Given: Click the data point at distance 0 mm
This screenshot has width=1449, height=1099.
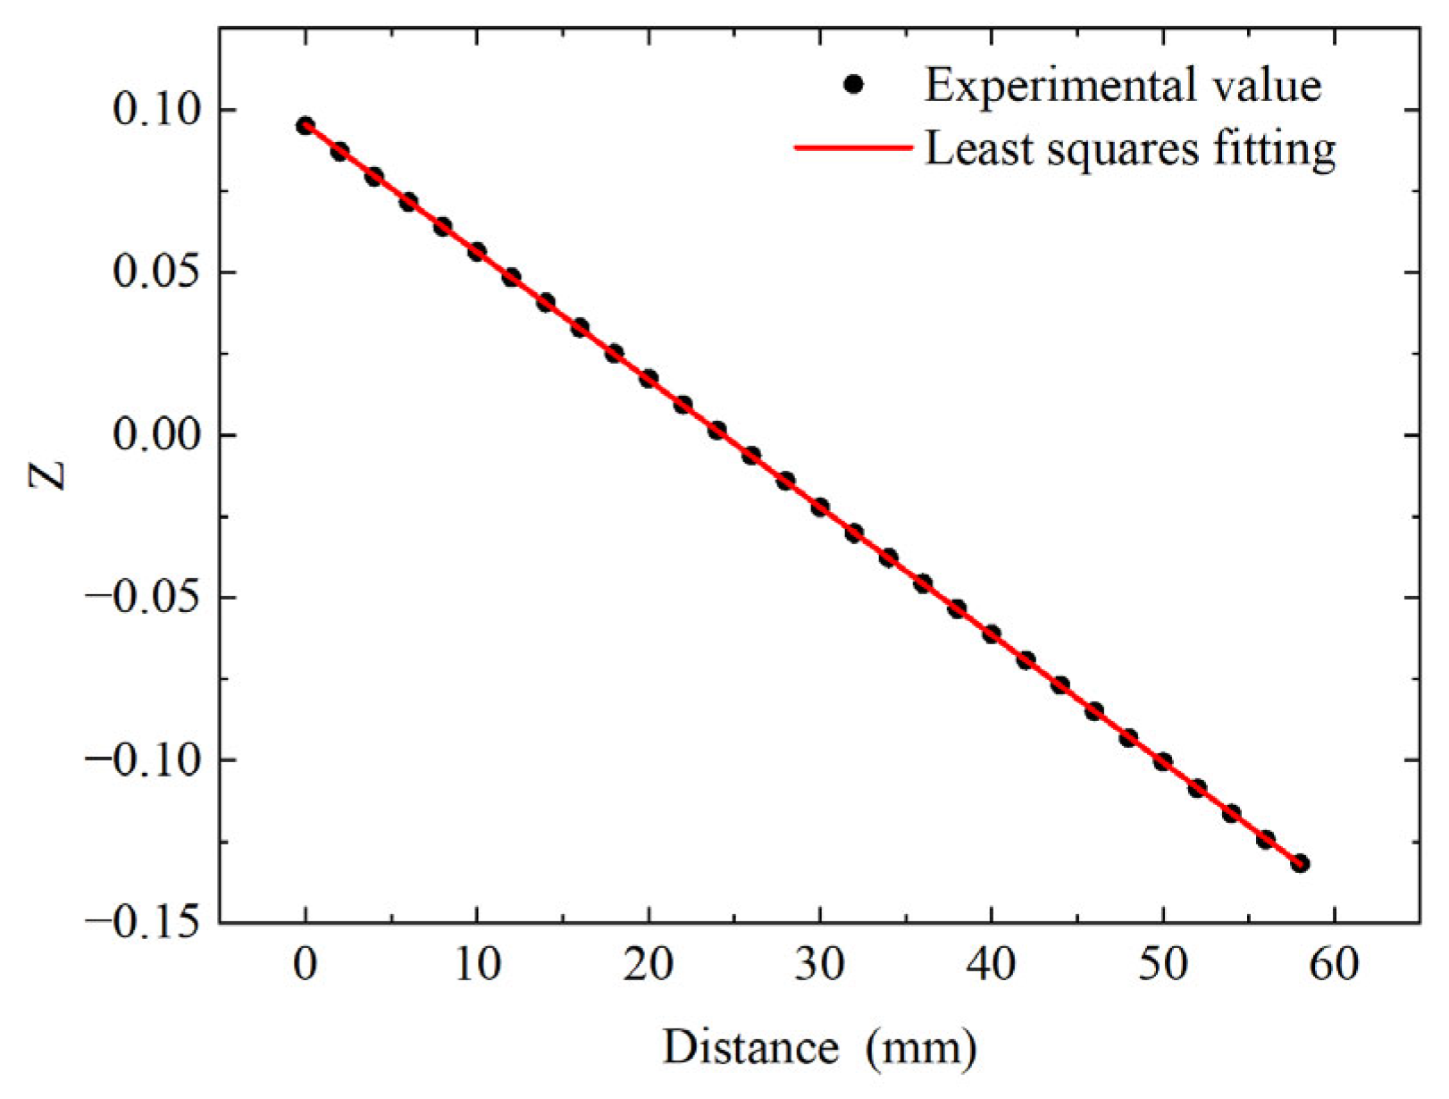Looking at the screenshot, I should pyautogui.click(x=306, y=126).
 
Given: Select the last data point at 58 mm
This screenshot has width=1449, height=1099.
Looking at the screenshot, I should pyautogui.click(x=1300, y=863).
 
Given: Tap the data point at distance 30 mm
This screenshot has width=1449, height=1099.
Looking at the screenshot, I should pyautogui.click(x=820, y=508).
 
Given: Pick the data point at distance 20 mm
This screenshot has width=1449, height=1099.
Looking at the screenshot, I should pyautogui.click(x=649, y=379).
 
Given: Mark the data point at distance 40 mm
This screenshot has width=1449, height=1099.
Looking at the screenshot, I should pyautogui.click(x=992, y=634).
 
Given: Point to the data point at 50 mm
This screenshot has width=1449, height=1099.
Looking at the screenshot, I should pyautogui.click(x=1163, y=761).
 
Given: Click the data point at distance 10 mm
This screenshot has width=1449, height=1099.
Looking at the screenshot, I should pyautogui.click(x=477, y=252).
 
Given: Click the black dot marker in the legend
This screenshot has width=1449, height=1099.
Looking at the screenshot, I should pyautogui.click(x=853, y=85).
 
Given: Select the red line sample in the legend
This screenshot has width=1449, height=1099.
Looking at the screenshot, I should pyautogui.click(x=853, y=147).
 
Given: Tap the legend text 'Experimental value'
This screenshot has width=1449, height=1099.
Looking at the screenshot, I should pyautogui.click(x=1122, y=86).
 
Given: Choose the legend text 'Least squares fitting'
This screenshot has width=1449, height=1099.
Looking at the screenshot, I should pyautogui.click(x=1130, y=148).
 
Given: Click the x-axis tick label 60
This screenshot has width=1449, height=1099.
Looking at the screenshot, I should pyautogui.click(x=1334, y=966).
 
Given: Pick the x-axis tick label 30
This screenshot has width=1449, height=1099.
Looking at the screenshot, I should pyautogui.click(x=819, y=966).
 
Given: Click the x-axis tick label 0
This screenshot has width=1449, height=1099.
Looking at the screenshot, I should pyautogui.click(x=306, y=966).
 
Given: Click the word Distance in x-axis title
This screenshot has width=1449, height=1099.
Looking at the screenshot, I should pyautogui.click(x=750, y=1048).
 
